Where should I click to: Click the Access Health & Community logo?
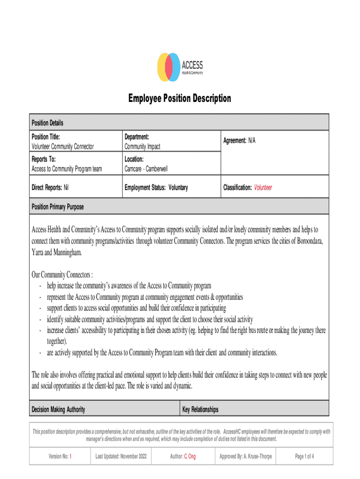[x=180, y=67]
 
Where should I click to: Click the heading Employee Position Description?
[x=180, y=99]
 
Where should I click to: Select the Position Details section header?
[x=47, y=123]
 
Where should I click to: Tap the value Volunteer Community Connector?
[x=63, y=146]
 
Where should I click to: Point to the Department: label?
[x=137, y=137]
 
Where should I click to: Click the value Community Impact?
[x=142, y=146]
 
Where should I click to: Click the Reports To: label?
[x=43, y=160]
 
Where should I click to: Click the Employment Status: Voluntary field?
[x=156, y=188]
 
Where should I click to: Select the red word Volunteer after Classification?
[x=263, y=188]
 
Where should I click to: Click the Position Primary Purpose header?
[x=58, y=206]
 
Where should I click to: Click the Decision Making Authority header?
[x=58, y=410]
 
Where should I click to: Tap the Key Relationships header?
[x=200, y=410]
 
